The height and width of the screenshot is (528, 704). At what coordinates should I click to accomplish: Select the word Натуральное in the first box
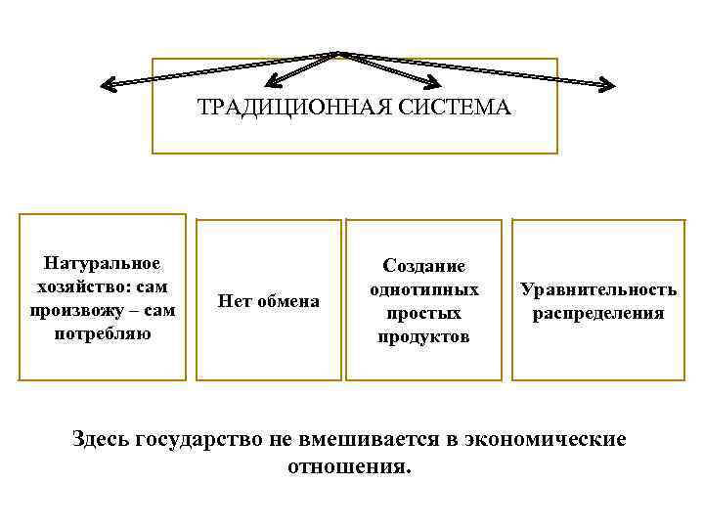tap(103, 263)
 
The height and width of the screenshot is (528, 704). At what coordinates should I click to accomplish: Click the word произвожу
tap(69, 310)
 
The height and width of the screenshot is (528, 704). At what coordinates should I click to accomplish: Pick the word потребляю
tap(103, 333)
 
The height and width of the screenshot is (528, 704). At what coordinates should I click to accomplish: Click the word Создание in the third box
tap(423, 267)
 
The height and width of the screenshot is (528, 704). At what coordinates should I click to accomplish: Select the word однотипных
tap(423, 290)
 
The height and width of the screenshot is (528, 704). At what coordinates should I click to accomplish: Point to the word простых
tap(423, 314)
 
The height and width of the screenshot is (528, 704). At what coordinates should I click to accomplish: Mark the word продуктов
tap(423, 337)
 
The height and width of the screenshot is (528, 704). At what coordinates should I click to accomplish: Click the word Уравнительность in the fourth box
tap(597, 289)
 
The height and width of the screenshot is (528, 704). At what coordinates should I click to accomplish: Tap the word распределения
tap(597, 313)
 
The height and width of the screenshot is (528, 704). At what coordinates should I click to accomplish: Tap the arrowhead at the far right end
tap(608, 85)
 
